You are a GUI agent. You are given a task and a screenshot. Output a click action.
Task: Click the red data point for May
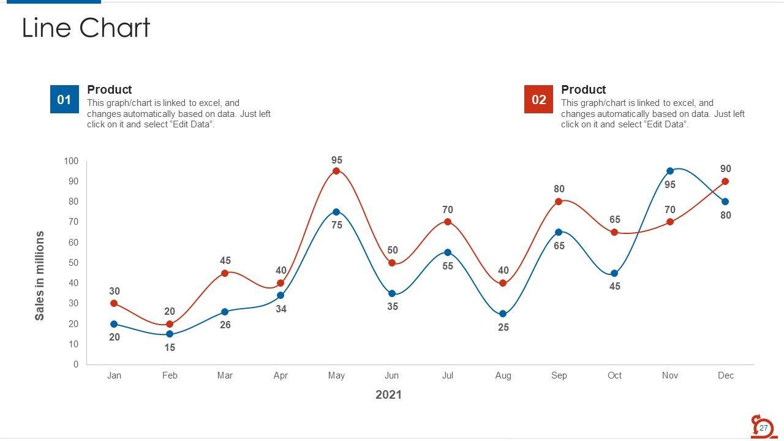[x=336, y=171]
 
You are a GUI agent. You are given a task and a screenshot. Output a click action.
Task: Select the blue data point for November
[x=670, y=171]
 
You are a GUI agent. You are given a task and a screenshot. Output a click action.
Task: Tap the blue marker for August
[x=503, y=314]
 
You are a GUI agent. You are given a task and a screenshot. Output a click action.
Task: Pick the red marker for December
[x=725, y=181]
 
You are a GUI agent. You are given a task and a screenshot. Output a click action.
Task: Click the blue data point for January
[x=114, y=324]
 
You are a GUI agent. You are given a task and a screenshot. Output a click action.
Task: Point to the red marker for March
[x=225, y=273]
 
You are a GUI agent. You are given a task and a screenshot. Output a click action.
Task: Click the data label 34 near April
[x=281, y=309]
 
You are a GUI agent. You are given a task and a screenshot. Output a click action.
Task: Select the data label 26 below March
[x=225, y=325]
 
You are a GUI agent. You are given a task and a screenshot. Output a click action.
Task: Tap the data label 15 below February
[x=170, y=347]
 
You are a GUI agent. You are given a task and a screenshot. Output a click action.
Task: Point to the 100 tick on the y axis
[x=71, y=161]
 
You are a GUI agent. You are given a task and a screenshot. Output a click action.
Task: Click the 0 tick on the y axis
[x=76, y=364]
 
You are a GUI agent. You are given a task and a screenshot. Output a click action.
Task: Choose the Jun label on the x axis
[x=391, y=375]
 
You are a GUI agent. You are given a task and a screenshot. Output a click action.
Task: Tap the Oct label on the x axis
[x=614, y=375]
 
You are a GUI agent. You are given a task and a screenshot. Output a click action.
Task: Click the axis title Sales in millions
[x=40, y=276]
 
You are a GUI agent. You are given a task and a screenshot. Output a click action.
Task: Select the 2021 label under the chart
[x=388, y=394]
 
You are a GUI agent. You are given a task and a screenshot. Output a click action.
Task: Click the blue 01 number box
[x=64, y=99]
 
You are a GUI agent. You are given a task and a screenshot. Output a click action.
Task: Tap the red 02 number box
[x=538, y=99]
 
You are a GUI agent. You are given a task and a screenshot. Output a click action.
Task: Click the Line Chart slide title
[x=86, y=28]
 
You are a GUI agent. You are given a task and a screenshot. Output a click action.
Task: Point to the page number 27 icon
[x=763, y=428]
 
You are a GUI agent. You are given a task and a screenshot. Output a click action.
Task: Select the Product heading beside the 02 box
[x=583, y=89]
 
